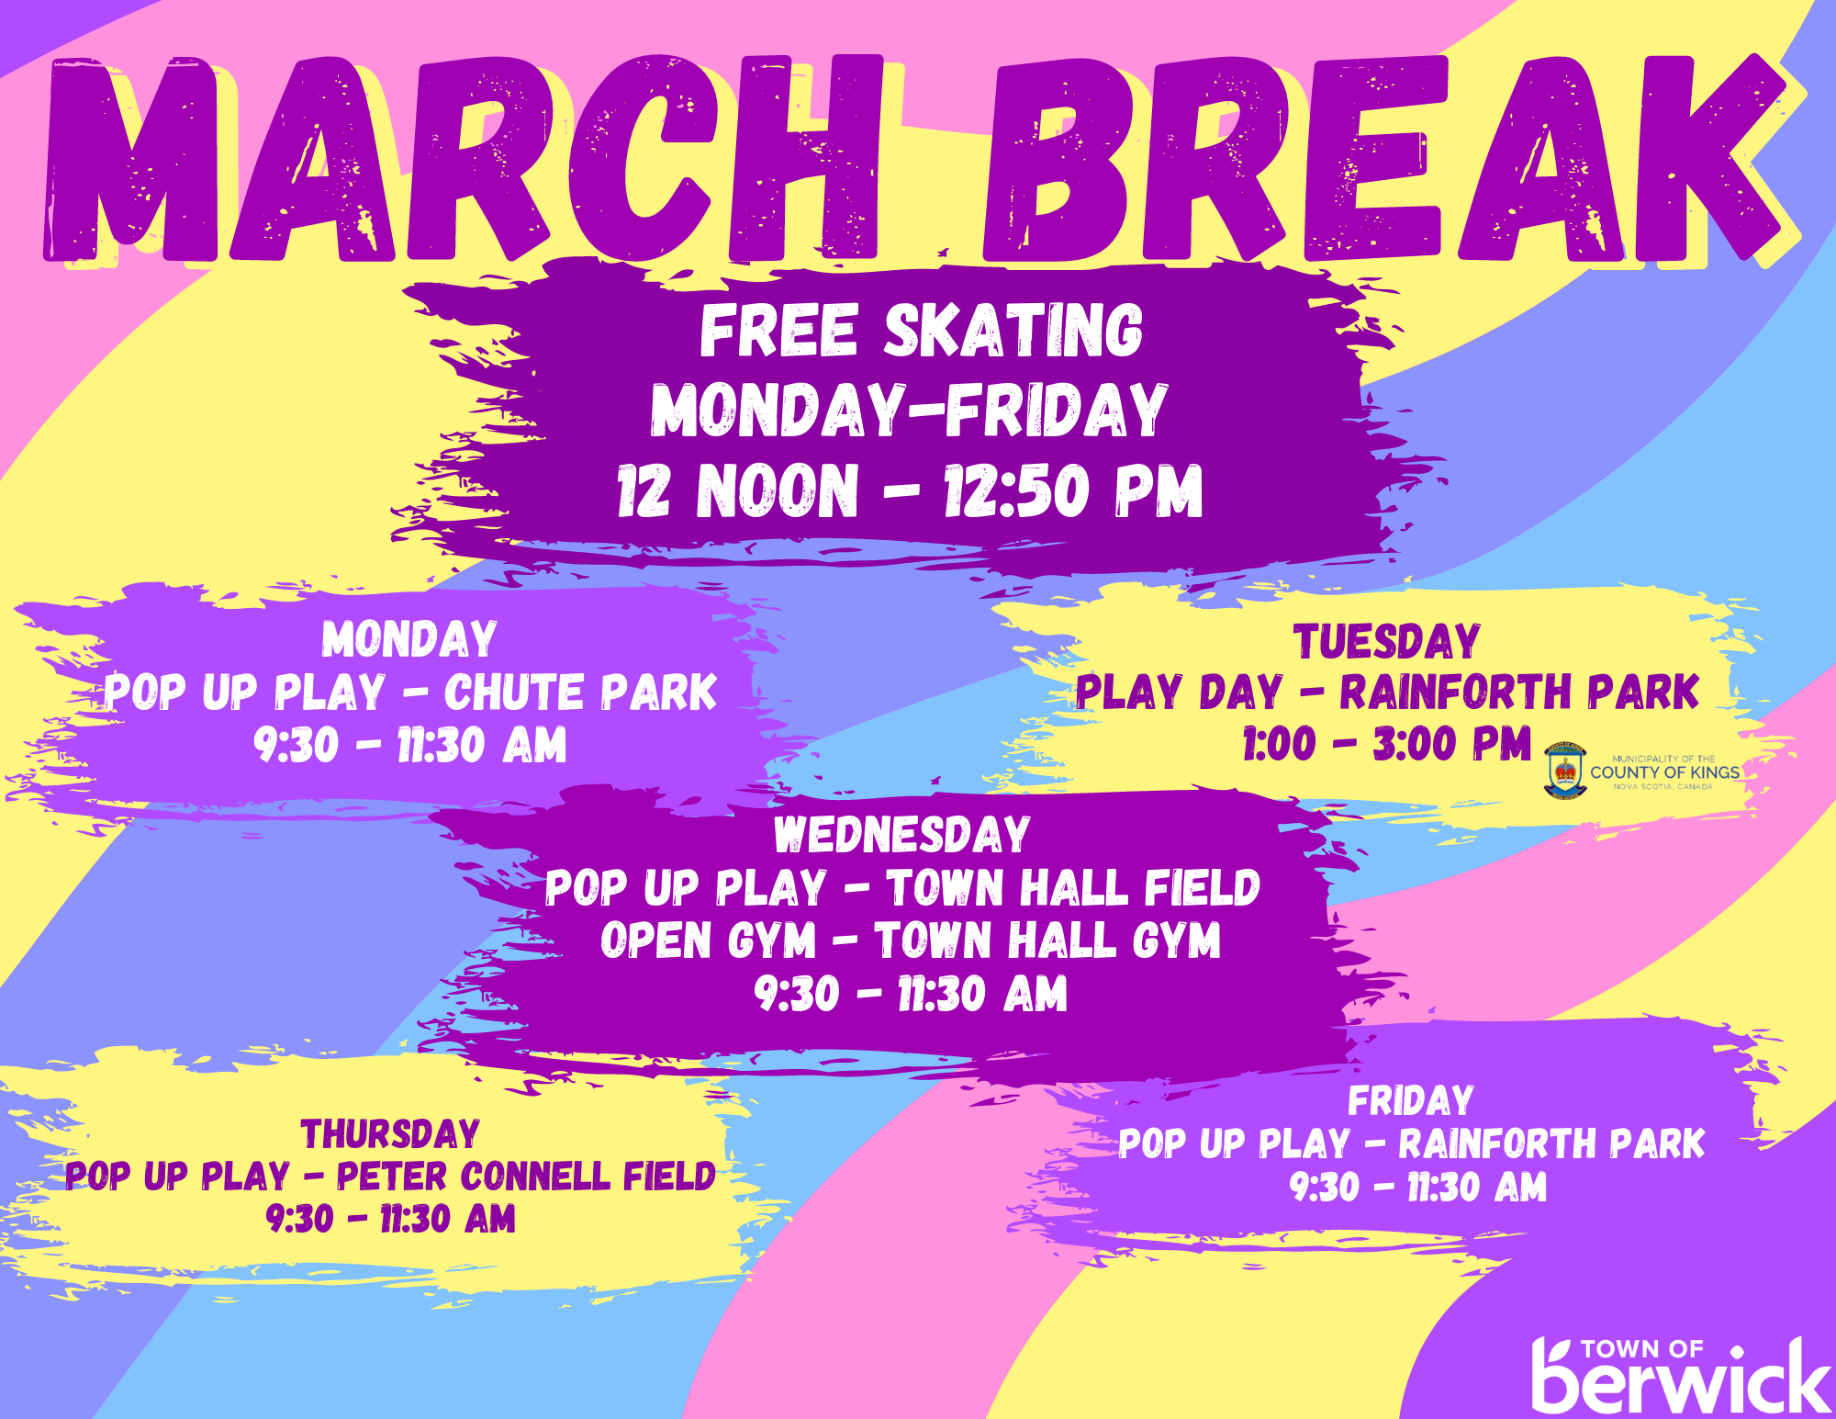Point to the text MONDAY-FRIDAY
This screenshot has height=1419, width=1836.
click(x=909, y=410)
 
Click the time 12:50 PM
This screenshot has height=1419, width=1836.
click(x=1073, y=490)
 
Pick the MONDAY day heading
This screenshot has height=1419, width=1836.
click(x=409, y=639)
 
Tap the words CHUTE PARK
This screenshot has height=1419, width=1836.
click(x=580, y=693)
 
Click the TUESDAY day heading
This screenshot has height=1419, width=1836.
click(x=1386, y=641)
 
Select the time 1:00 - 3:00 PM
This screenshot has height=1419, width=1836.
click(x=1386, y=744)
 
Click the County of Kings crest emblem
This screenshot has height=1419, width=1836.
click(x=1565, y=771)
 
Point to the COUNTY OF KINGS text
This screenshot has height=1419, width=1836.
click(x=1664, y=772)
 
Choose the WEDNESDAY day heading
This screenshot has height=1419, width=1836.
click(x=901, y=835)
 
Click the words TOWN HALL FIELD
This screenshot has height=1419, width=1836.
click(x=1073, y=888)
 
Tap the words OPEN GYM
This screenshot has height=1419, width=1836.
click(x=708, y=940)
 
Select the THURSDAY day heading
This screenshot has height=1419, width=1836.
click(x=390, y=1134)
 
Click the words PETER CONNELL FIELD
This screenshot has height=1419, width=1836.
click(x=526, y=1177)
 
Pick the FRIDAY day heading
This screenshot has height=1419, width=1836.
click(x=1411, y=1101)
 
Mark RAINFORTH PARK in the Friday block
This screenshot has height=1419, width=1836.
click(x=1551, y=1144)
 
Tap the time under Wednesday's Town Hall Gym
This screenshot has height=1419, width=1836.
click(x=911, y=994)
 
